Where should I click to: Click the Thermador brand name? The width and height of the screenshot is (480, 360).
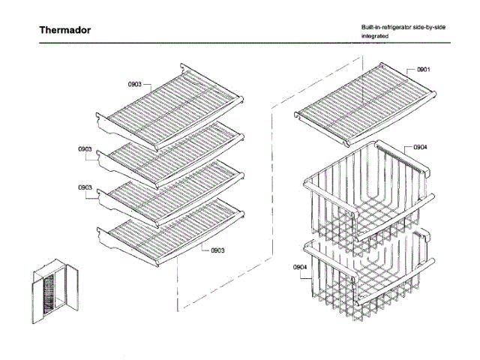65,31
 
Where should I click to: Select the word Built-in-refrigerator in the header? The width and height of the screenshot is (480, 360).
385,27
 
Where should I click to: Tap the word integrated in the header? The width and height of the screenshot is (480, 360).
375,36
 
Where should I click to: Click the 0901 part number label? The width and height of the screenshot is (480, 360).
423,69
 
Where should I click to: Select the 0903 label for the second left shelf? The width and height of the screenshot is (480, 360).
85,148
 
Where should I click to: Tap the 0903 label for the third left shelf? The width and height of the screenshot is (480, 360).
85,187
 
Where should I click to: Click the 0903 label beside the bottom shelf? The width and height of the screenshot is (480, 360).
218,250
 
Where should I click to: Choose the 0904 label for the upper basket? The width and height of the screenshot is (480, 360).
420,147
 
